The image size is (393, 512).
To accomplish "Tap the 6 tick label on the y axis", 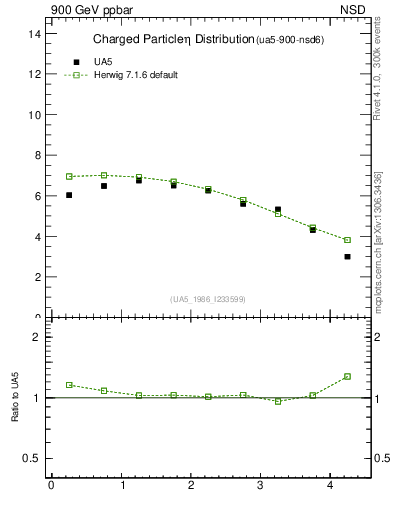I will pyautogui.click(x=37, y=196).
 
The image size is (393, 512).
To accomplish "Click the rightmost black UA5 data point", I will pyautogui.click(x=347, y=257).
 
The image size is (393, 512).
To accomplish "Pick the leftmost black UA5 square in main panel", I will pyautogui.click(x=69, y=195).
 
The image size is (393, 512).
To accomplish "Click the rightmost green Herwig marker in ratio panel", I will pyautogui.click(x=347, y=376).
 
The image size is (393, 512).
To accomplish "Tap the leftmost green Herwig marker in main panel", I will pyautogui.click(x=69, y=176).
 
